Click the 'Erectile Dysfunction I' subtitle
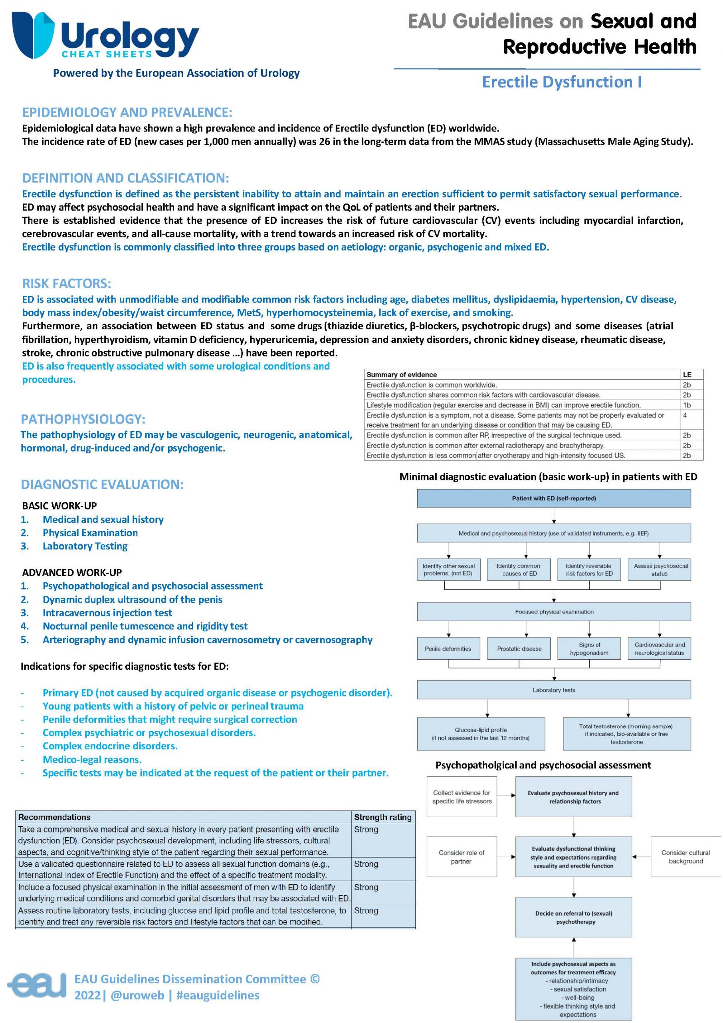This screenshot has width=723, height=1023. [x=561, y=82]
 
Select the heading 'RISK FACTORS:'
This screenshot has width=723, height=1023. [x=67, y=283]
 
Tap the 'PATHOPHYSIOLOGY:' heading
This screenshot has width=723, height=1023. [x=83, y=419]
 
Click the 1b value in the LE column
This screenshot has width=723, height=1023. [x=687, y=405]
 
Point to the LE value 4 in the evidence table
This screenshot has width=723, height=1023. [x=685, y=415]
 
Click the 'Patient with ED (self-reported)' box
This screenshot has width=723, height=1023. [x=553, y=498]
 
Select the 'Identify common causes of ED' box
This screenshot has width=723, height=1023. [x=519, y=569]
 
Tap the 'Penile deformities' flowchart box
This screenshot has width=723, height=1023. [x=448, y=649]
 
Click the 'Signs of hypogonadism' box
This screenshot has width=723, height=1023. [x=589, y=649]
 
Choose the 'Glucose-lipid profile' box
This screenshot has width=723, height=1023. [x=480, y=733]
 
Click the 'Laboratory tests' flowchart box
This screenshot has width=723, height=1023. [x=553, y=690]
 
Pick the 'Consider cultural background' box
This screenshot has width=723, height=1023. [x=685, y=856]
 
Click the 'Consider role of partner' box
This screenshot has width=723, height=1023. [x=461, y=856]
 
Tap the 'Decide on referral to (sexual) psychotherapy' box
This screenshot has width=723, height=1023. [x=573, y=917]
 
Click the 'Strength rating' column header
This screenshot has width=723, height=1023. [x=382, y=817]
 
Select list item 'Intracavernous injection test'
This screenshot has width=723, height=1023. [x=107, y=613]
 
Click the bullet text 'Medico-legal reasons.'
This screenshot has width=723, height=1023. [x=92, y=759]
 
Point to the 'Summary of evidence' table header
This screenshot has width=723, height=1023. [x=402, y=375]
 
